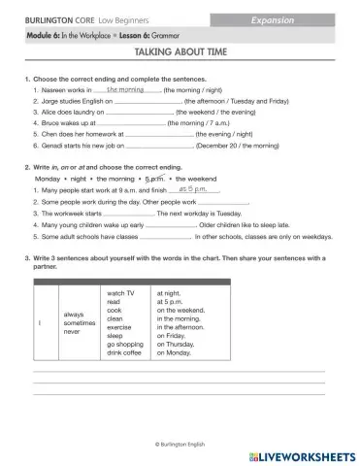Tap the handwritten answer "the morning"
click(x=125, y=88)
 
